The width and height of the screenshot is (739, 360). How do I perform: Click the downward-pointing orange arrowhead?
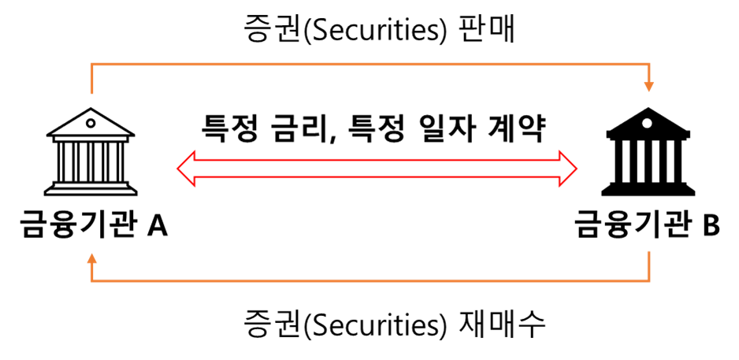[x=648, y=87]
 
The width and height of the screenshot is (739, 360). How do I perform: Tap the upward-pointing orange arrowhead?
[x=92, y=258]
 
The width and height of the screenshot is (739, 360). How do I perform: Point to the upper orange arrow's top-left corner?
[x=92, y=64]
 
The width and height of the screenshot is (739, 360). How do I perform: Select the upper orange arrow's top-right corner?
[x=648, y=64]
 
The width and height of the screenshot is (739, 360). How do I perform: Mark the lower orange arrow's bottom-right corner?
[x=648, y=280]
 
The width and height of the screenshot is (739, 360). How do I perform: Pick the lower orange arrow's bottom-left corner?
[x=92, y=280]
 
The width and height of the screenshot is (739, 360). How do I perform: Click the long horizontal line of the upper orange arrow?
[x=370, y=64]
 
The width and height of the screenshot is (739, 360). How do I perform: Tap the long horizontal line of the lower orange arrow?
[x=370, y=280]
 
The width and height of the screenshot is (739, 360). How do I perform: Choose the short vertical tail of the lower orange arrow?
[x=648, y=265]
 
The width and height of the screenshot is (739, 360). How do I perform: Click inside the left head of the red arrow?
[x=187, y=169]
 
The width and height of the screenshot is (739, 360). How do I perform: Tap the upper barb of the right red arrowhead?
[x=559, y=152]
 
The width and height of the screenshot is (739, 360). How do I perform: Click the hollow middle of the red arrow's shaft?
[x=377, y=169]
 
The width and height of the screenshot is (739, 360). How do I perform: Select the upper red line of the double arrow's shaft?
[x=377, y=160]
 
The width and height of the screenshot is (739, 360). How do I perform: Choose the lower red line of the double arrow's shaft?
[x=377, y=177]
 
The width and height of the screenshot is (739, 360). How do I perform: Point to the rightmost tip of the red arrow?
[x=576, y=169]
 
